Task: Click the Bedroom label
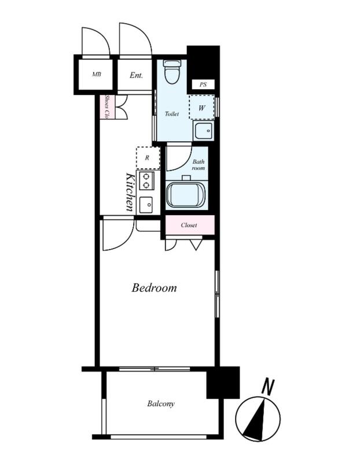coord(154,288)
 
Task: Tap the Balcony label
coord(161,403)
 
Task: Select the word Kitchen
coord(130,192)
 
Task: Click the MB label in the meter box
coord(97,75)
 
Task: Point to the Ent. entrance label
coord(136,75)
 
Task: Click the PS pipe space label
coord(203,84)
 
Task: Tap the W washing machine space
coord(202,107)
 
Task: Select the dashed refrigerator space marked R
coord(148,158)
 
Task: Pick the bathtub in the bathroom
coord(186,194)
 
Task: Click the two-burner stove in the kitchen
coord(145,181)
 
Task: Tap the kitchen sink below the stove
coord(146,205)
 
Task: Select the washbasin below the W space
coord(203,131)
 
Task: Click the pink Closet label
coord(189,225)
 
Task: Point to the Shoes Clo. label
coord(108,106)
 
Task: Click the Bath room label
coord(199,165)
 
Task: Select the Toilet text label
coord(172,113)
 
